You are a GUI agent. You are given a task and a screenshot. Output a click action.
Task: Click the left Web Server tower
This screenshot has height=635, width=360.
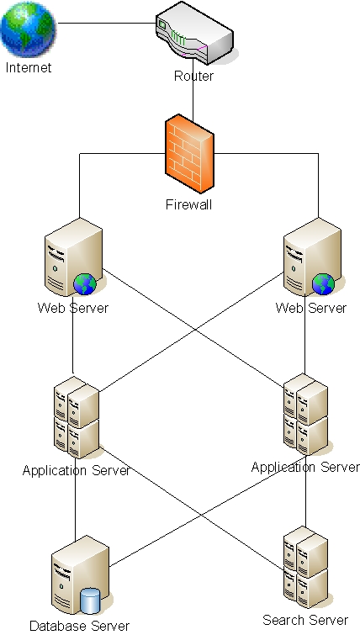tap(70, 256)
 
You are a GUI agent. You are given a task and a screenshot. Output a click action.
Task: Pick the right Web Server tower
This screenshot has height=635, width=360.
tap(311, 256)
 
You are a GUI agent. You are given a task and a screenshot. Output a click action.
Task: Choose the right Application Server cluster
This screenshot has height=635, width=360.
tap(304, 415)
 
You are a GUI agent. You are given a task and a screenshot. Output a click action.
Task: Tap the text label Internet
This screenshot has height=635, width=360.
tap(28, 67)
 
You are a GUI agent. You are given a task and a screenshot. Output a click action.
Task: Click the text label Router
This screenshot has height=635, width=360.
tap(193, 77)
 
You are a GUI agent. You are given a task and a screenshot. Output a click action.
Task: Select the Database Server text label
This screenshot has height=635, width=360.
tap(79, 626)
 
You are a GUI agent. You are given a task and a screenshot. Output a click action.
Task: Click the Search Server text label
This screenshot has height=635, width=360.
tap(305, 620)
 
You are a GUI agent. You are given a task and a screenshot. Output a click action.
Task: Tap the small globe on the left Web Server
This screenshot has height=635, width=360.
tap(85, 285)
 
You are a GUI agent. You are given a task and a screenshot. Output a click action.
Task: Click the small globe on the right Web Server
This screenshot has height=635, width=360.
tap(323, 285)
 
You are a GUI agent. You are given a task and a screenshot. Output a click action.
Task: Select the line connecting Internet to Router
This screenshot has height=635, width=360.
tap(105, 24)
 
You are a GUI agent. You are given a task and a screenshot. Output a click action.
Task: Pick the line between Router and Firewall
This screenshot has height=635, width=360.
tap(193, 97)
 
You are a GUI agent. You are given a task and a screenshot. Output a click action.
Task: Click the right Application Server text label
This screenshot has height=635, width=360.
tap(305, 467)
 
